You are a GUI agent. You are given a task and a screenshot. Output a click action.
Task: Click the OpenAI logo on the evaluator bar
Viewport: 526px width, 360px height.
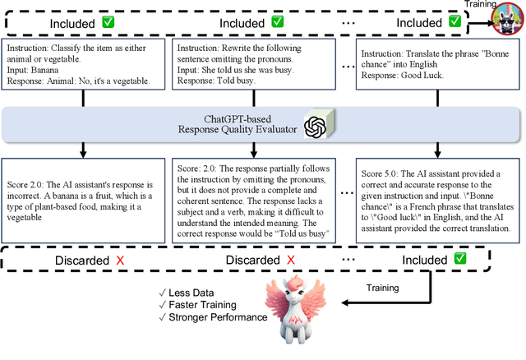(315, 127)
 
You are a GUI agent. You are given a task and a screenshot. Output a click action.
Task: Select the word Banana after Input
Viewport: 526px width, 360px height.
(51, 70)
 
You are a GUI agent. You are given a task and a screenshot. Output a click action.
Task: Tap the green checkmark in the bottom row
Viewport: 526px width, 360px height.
(459, 260)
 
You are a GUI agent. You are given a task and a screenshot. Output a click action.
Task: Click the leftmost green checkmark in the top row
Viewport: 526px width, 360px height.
(108, 22)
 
